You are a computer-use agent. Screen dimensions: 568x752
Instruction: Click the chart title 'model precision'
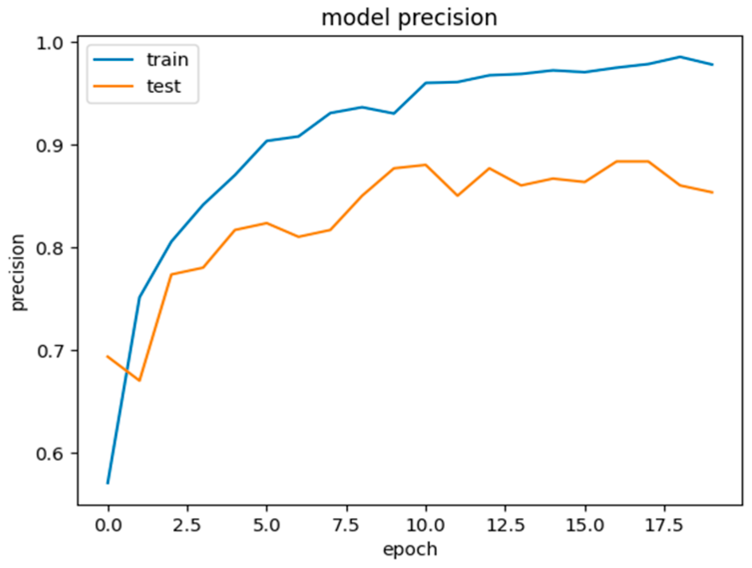coord(409,18)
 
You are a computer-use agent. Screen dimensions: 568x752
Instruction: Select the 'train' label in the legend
coord(168,60)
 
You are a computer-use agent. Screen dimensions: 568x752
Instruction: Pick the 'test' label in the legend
coord(164,86)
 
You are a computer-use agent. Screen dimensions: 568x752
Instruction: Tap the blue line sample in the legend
coord(114,60)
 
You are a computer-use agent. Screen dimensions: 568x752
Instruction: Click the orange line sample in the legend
coord(114,86)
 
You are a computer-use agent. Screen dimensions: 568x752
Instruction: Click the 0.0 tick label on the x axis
coord(108,525)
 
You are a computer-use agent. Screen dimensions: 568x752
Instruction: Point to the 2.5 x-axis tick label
coord(187,525)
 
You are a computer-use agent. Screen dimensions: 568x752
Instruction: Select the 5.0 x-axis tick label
coord(267,525)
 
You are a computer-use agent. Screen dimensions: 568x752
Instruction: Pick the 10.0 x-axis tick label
coord(425,525)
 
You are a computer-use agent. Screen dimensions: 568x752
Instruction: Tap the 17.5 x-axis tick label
coord(664,525)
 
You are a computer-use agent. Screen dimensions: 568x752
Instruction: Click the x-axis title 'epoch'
coord(409,549)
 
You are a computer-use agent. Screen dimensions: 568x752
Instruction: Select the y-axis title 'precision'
coord(18,273)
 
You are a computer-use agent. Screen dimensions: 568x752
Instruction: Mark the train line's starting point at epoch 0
coord(108,483)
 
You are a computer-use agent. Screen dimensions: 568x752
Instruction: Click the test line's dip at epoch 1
coord(140,381)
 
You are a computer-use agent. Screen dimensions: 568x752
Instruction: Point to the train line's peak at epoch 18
coord(680,57)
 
